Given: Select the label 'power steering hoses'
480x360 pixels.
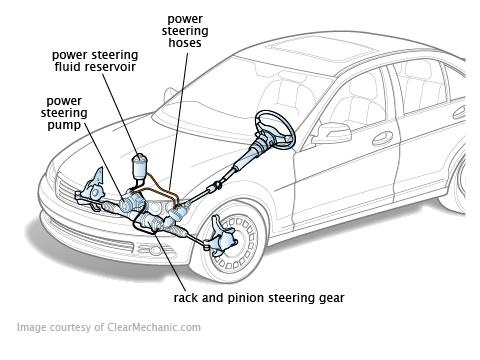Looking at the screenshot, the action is click(x=185, y=31).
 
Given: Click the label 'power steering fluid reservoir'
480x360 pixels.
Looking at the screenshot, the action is click(x=95, y=61).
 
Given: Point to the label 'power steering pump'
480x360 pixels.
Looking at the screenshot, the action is click(x=64, y=113).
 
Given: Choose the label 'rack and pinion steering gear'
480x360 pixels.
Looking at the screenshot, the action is click(x=259, y=298).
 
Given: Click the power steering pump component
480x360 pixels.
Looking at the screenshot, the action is click(x=132, y=202).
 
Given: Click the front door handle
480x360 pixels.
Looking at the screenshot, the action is click(x=382, y=138).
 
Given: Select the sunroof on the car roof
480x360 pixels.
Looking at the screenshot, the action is click(x=321, y=49).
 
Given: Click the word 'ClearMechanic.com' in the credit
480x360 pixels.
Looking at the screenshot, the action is click(x=154, y=327).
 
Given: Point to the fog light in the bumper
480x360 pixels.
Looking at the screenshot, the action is click(x=154, y=249).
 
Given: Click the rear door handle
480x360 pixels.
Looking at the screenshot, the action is click(x=460, y=112).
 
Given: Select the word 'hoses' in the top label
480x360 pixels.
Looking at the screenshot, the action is click(x=185, y=43).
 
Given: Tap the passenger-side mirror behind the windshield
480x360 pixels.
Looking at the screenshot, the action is click(x=170, y=95).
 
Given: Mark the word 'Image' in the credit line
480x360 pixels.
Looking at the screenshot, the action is click(x=32, y=327).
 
